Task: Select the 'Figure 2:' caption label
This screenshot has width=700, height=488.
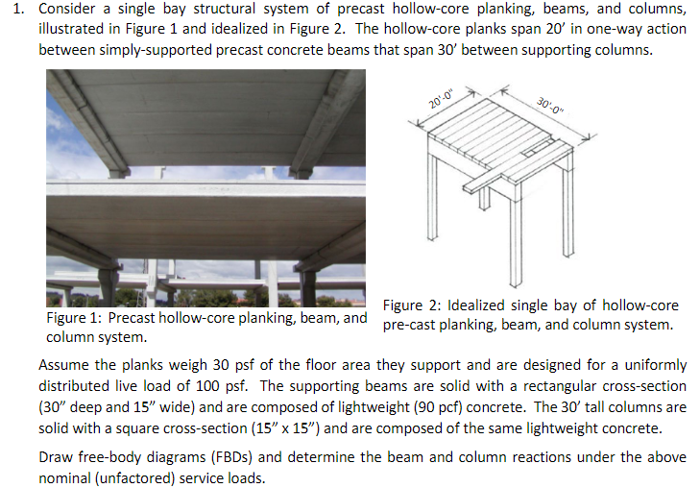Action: [411, 305]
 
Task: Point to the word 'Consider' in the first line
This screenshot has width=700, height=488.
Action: [65, 10]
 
